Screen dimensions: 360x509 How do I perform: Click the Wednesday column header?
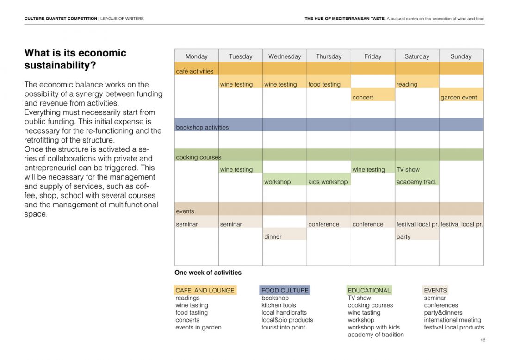click(x=285, y=56)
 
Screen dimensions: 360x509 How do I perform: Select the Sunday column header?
click(x=461, y=56)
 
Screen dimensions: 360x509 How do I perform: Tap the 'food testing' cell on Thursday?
click(x=329, y=84)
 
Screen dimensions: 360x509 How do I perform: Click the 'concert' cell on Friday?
click(x=372, y=97)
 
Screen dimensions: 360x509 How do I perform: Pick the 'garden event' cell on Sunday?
click(x=461, y=97)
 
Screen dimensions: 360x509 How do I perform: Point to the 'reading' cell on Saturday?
click(x=416, y=84)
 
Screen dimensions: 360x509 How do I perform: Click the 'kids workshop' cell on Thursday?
click(x=329, y=182)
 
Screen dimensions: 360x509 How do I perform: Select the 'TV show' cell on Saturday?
click(x=416, y=169)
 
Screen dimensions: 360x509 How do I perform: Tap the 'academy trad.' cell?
click(x=416, y=182)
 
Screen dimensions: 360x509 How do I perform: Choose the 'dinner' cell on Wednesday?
click(x=285, y=236)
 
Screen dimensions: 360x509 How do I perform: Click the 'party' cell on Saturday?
click(x=416, y=236)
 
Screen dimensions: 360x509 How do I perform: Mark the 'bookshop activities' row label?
click(x=202, y=127)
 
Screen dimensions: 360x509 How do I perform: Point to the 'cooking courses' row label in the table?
click(x=199, y=157)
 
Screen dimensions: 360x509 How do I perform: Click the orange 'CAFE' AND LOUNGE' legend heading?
click(x=205, y=291)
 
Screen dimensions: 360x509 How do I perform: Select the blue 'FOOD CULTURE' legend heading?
click(x=285, y=291)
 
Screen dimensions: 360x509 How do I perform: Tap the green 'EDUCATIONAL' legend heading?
click(x=369, y=291)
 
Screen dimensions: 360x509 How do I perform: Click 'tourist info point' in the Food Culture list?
click(x=283, y=327)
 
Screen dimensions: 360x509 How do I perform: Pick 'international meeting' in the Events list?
click(x=453, y=320)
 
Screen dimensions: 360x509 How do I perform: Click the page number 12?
click(x=483, y=340)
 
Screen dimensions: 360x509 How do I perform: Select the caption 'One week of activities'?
click(x=208, y=273)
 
